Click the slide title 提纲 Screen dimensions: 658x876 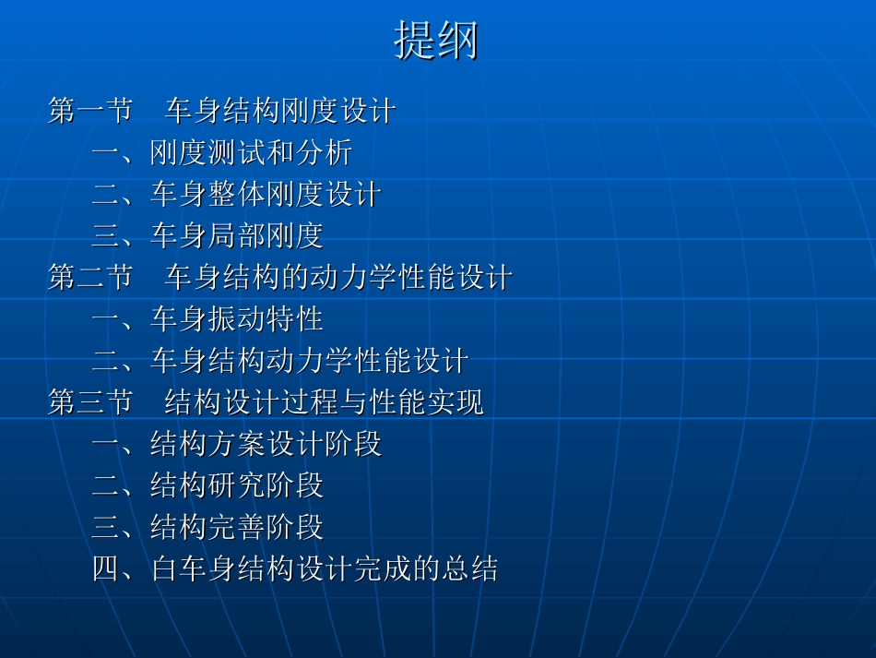coord(436,42)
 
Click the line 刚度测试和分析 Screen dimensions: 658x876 coord(251,152)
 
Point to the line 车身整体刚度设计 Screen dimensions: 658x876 coord(266,194)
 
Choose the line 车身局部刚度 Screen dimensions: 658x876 coord(237,235)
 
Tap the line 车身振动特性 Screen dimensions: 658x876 coord(237,318)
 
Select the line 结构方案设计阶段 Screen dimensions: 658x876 coord(266,444)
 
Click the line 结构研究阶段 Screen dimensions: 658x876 coord(237,485)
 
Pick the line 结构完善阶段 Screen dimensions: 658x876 coord(237,527)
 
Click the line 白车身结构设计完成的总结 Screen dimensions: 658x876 coord(324,568)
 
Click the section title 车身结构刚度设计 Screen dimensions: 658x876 coord(280,111)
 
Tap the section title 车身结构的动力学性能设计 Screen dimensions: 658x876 coord(338,277)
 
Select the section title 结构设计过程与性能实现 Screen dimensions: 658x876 coord(324,402)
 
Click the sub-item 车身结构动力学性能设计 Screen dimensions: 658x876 coord(309,360)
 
